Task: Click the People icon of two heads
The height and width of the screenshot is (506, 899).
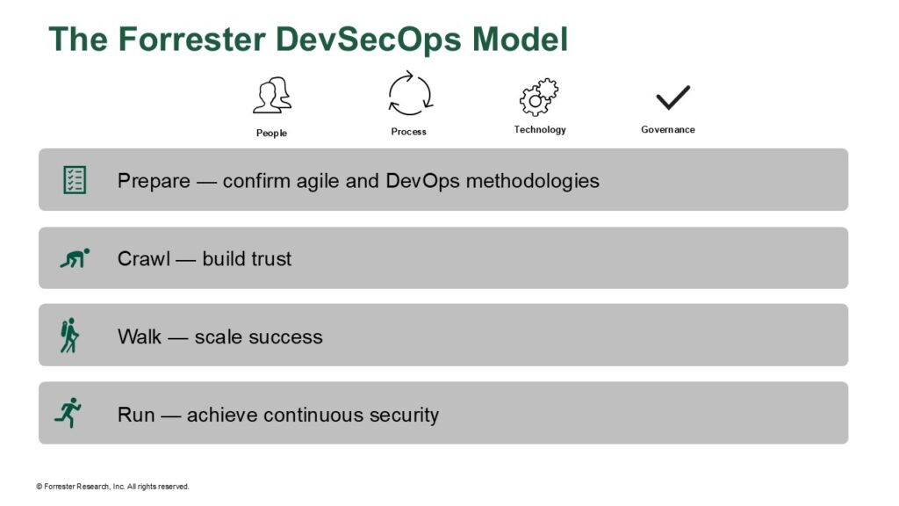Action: (x=271, y=95)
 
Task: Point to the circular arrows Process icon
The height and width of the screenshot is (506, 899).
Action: (x=409, y=93)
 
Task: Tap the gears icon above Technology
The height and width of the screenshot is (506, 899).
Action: (x=539, y=96)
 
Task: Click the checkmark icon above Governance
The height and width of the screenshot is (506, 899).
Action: (x=672, y=97)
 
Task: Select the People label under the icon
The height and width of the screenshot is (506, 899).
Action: (x=271, y=134)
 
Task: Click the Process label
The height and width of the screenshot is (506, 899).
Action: (x=408, y=132)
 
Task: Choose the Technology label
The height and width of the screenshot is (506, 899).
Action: (x=540, y=130)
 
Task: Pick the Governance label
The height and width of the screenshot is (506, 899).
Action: (x=667, y=130)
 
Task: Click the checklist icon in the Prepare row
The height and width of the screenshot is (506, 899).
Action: (x=76, y=180)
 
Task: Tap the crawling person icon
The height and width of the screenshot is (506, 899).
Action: (x=75, y=258)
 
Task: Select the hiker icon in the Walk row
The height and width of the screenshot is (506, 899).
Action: (x=69, y=336)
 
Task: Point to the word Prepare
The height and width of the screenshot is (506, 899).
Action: (x=154, y=182)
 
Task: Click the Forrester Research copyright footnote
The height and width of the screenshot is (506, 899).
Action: (x=112, y=487)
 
